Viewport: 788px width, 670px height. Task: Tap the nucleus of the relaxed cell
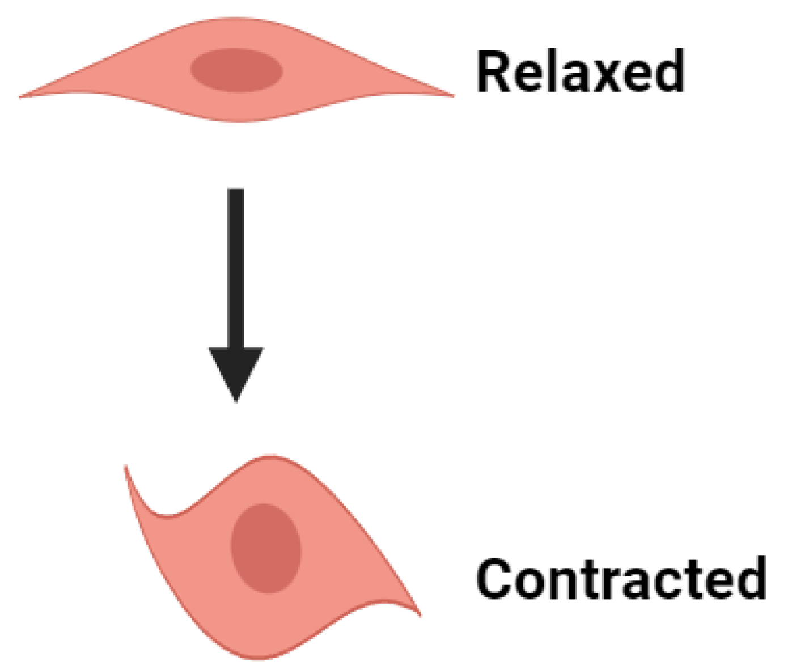236,70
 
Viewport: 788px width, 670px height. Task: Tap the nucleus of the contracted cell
265,548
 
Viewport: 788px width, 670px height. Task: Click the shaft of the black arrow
236,266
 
